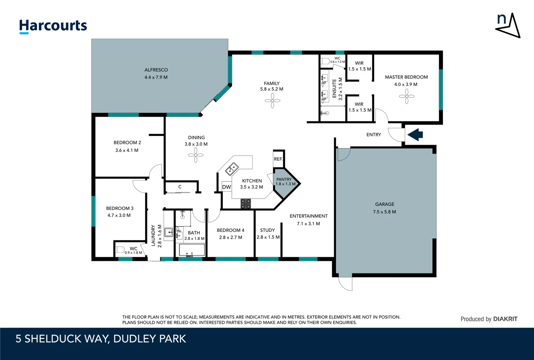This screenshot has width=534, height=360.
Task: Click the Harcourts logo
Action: pyautogui.click(x=53, y=26)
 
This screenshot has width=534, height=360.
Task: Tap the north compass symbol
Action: pyautogui.click(x=508, y=25)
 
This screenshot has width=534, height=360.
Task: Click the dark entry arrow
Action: pyautogui.click(x=415, y=135)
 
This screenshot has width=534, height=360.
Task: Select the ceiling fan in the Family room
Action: pyautogui.click(x=272, y=100)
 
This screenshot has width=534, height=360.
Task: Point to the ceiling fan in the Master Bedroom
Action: pyautogui.click(x=406, y=96)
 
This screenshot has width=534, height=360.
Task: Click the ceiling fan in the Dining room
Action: pyautogui.click(x=196, y=155)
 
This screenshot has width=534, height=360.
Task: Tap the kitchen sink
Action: pyautogui.click(x=232, y=169)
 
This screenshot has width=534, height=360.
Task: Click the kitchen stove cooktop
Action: pyautogui.click(x=246, y=204)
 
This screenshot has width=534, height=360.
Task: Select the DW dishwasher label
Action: pyautogui.click(x=227, y=187)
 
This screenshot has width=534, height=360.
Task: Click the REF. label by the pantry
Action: pyautogui.click(x=278, y=159)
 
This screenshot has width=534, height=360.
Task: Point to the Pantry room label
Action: pyautogui.click(x=284, y=179)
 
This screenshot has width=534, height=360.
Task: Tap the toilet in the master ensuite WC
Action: pyautogui.click(x=325, y=61)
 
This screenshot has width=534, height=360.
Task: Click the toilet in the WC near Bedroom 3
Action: pyautogui.click(x=120, y=250)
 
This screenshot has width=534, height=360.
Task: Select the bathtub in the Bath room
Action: pyautogui.click(x=192, y=250)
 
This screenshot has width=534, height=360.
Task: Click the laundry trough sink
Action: pyautogui.click(x=169, y=232)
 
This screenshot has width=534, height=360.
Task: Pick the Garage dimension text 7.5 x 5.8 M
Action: pyautogui.click(x=384, y=212)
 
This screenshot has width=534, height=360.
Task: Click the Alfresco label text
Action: pyautogui.click(x=156, y=70)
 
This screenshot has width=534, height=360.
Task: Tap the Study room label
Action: pyautogui.click(x=267, y=230)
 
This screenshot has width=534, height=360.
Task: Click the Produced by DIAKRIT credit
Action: pyautogui.click(x=489, y=319)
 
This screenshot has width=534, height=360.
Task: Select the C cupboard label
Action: pyautogui.click(x=180, y=187)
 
